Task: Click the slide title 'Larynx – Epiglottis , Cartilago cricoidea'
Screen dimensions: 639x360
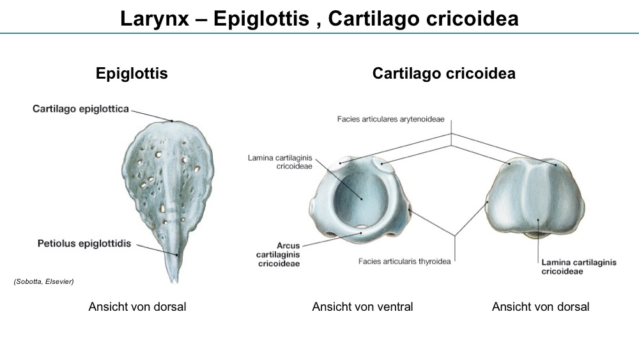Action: coord(319,19)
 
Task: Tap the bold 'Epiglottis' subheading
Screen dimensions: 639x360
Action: coord(132,74)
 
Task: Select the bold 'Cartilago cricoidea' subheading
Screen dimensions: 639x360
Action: coord(444,74)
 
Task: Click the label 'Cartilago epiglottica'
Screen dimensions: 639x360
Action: coord(81,109)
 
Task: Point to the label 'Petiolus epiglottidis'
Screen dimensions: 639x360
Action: coord(84,244)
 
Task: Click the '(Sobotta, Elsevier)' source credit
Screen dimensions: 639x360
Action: coord(43,281)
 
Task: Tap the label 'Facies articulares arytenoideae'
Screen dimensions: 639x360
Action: coord(391,119)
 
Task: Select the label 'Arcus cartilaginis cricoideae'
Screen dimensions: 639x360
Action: coord(279,254)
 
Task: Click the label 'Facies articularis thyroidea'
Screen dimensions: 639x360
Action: coord(404,262)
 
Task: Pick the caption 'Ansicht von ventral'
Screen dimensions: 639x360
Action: coord(363,306)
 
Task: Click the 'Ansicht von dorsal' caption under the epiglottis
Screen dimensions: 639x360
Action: coord(137,306)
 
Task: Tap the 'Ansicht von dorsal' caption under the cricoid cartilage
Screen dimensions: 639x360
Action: coord(541,306)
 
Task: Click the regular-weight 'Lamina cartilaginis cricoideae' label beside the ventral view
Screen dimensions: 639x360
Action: coord(281,162)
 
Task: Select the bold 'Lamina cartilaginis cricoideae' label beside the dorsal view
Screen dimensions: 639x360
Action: coord(579,267)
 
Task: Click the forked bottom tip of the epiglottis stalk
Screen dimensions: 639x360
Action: coord(174,281)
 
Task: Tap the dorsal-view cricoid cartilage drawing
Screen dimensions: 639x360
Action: coord(535,197)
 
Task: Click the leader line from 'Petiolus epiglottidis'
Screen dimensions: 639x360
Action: coord(157,250)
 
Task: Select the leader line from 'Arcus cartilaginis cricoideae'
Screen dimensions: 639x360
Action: coord(332,239)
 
